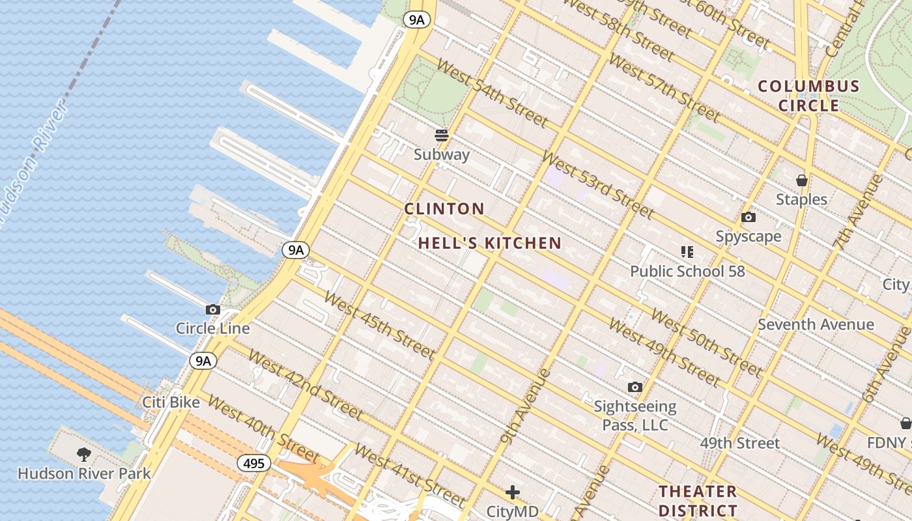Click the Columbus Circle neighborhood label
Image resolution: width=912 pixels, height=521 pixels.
808,96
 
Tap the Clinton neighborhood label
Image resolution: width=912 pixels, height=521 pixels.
444,209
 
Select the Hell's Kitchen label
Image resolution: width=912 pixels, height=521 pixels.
489,244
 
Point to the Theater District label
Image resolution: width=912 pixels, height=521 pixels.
698,500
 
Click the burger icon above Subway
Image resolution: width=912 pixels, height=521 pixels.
442,135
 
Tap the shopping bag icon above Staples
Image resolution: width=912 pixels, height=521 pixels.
801,180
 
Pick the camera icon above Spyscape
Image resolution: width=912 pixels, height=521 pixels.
748,218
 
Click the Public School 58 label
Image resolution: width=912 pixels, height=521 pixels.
687,271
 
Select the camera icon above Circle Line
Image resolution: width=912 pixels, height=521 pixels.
213,310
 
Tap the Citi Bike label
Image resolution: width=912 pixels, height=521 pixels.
171,402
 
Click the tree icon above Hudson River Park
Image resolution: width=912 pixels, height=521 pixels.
83,454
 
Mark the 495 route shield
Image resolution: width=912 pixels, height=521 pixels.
254,463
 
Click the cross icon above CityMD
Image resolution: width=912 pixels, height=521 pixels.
513,492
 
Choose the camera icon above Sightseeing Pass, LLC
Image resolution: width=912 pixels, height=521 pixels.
634,387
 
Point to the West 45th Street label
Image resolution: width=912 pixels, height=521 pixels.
378,325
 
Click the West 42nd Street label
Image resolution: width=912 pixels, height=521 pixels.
305,384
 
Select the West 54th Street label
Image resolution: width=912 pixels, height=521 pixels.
491,92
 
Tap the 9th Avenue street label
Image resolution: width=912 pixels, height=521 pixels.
526,406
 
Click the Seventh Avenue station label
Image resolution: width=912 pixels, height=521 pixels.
816,324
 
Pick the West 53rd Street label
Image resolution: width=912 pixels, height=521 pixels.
597,185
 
